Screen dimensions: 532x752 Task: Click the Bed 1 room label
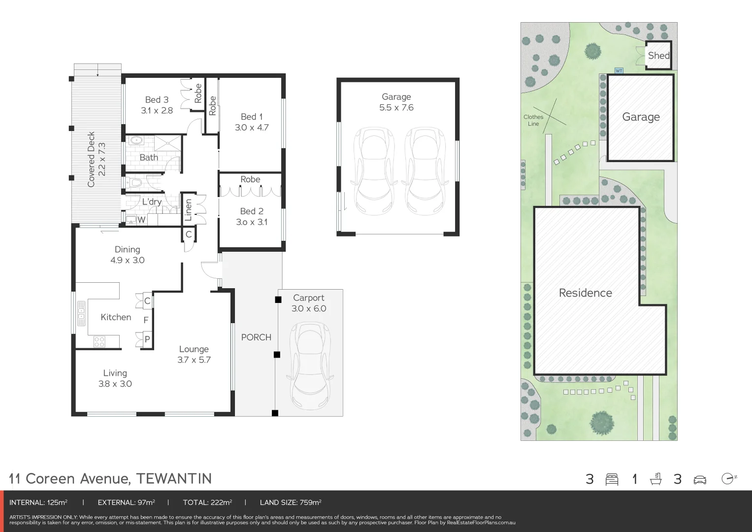click(x=251, y=117)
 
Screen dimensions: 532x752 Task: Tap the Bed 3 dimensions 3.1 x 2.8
click(x=157, y=110)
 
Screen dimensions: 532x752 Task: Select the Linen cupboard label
click(x=188, y=210)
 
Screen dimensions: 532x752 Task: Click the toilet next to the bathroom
click(x=134, y=183)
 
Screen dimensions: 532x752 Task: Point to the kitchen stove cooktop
click(x=99, y=341)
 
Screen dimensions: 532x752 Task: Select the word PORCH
click(x=256, y=337)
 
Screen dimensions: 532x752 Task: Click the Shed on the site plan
click(x=658, y=56)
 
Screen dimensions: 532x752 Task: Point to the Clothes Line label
click(x=533, y=120)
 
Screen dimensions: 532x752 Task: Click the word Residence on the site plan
click(x=585, y=293)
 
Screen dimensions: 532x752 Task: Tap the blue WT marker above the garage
click(x=619, y=71)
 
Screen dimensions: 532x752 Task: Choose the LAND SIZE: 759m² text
click(x=291, y=502)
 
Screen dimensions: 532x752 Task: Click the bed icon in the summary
click(x=612, y=479)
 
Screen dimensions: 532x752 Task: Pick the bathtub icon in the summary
click(x=655, y=479)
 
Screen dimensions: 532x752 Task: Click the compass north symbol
click(x=728, y=478)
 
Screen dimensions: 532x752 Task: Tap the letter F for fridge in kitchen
click(x=146, y=320)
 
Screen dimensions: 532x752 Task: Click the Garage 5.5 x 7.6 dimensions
click(x=396, y=107)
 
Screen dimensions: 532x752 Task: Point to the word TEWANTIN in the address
click(x=174, y=479)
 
